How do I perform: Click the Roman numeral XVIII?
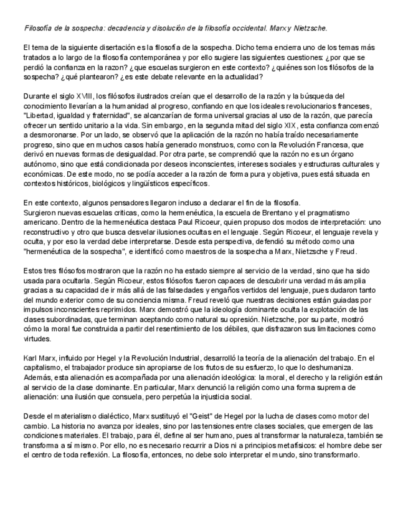coord(84,96)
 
